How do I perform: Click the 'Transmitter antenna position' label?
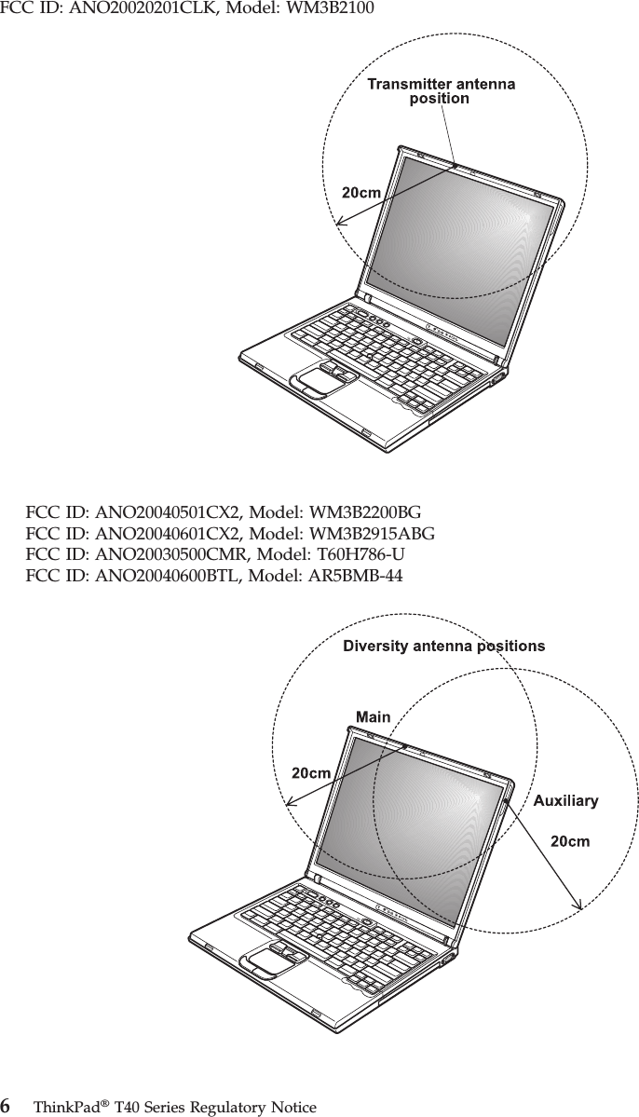click(441, 91)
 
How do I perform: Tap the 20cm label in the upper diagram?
click(360, 193)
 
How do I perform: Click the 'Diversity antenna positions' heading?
click(444, 645)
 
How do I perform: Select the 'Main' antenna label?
click(373, 716)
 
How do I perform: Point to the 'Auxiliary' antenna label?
click(565, 800)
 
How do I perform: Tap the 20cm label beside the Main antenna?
click(311, 772)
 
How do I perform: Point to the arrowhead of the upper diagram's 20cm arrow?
click(337, 224)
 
